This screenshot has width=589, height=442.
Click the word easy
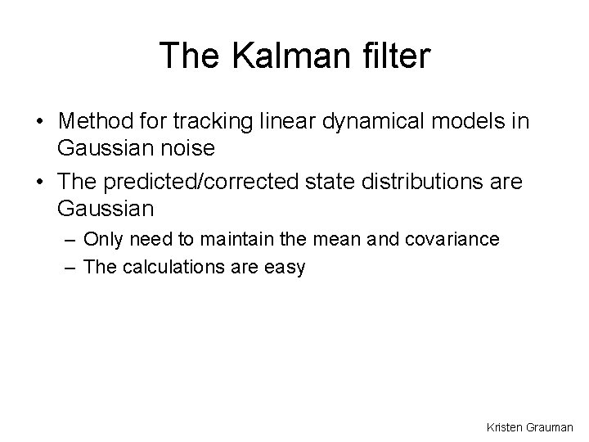[286, 267]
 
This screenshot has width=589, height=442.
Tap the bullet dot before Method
[40, 122]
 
